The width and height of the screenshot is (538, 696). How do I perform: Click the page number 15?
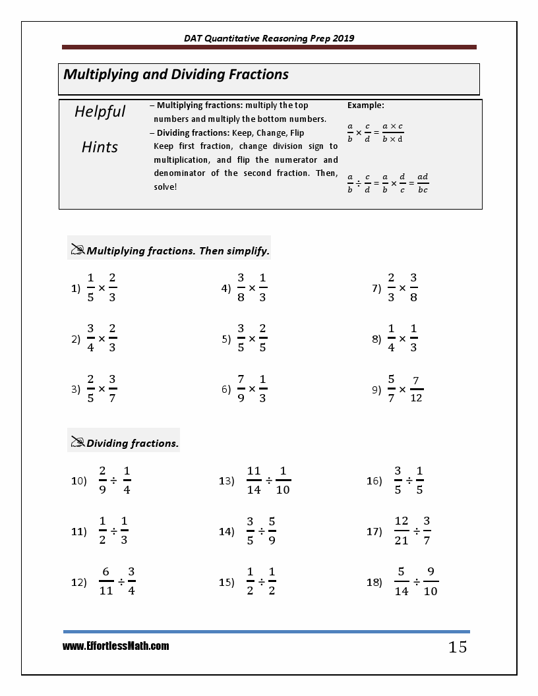(x=458, y=647)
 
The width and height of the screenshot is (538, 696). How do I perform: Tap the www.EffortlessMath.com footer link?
(x=116, y=646)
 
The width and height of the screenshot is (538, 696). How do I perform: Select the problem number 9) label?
(x=376, y=390)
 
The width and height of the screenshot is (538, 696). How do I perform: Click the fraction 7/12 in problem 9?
(x=416, y=389)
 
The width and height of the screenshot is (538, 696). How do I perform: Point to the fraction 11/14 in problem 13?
(x=254, y=480)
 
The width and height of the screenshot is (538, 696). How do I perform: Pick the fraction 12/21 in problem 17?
(x=402, y=531)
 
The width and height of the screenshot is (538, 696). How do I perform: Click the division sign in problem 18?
(x=416, y=582)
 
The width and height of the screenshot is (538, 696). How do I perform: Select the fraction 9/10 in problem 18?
(x=431, y=581)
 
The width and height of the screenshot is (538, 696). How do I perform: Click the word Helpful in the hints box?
(x=100, y=111)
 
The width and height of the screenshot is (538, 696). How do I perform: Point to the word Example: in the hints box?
(x=365, y=105)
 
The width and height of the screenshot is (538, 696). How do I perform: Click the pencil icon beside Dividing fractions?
(x=78, y=442)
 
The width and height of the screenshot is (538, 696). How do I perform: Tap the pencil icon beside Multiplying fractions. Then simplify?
(x=78, y=250)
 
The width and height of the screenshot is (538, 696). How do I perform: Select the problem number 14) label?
(x=227, y=531)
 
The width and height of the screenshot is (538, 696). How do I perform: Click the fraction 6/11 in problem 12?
(x=106, y=581)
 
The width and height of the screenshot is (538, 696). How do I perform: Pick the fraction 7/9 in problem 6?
(x=241, y=389)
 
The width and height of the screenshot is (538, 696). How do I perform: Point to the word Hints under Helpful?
(x=100, y=147)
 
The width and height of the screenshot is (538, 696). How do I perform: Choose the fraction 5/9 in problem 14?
(x=272, y=531)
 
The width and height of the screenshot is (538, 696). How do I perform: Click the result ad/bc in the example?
(x=423, y=183)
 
